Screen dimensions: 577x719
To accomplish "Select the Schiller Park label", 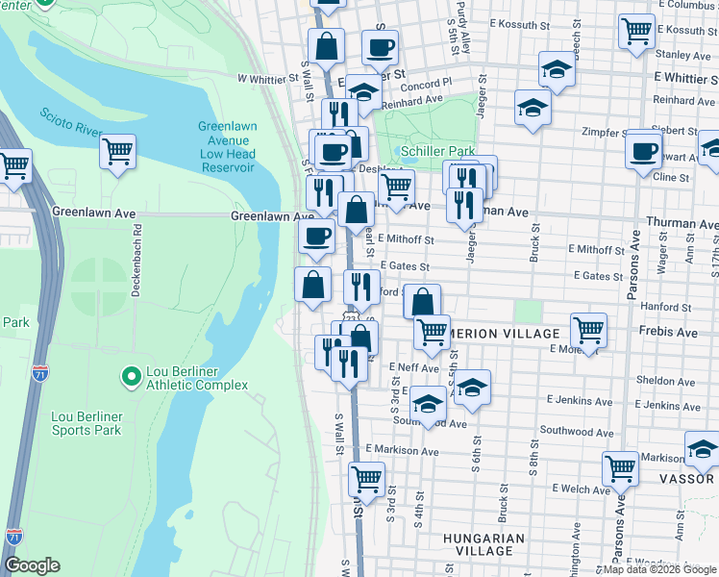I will click(437, 152).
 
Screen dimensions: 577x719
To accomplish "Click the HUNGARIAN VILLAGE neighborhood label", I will click(484, 544).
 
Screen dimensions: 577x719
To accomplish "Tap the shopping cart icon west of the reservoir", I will click(117, 150).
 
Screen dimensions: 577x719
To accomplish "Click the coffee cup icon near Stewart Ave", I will click(643, 149).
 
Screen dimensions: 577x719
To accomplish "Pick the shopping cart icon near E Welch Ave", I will click(620, 468).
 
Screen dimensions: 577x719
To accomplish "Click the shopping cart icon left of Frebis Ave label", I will click(587, 330).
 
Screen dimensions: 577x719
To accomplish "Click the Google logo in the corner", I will click(33, 565).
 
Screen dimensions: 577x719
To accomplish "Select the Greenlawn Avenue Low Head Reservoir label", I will click(227, 146).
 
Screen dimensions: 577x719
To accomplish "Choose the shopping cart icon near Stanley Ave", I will click(636, 32).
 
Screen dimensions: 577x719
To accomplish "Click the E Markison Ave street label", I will click(401, 451).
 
